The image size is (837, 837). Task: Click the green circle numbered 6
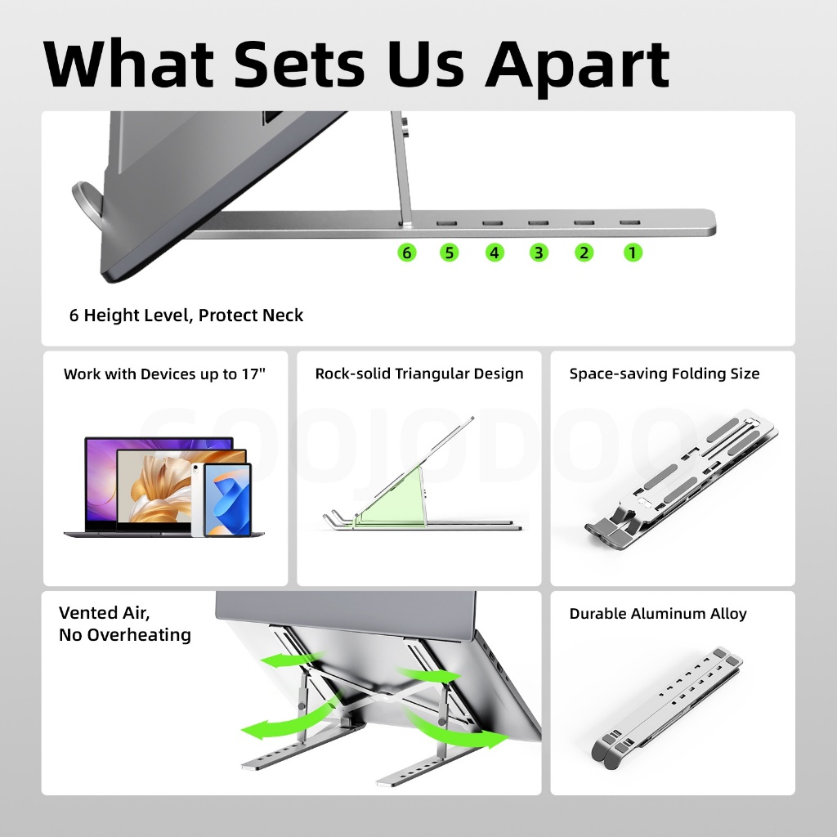point(407,253)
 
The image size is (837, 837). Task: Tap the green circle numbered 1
point(633,253)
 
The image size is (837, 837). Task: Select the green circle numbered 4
point(495,253)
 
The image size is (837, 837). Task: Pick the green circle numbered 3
point(539,253)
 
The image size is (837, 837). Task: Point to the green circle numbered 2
point(584,253)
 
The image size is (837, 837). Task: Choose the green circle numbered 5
point(449,253)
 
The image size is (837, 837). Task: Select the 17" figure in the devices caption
point(253,374)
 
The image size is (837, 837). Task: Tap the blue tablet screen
point(227,500)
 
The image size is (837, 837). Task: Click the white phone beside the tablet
point(197,499)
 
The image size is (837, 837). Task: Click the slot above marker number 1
point(630,222)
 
